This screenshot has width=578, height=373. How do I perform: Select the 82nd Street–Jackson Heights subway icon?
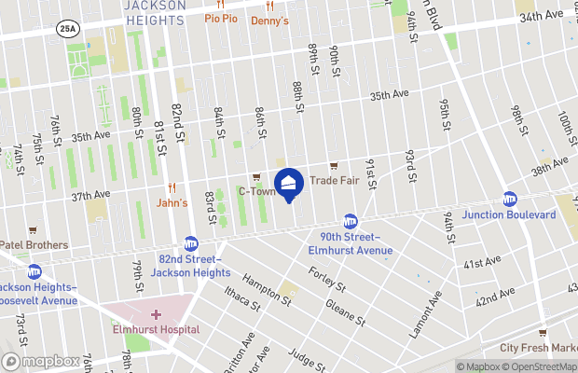tap(190, 243)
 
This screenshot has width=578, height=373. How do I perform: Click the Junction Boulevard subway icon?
tap(510, 199)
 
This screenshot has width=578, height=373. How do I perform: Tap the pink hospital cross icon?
tap(156, 315)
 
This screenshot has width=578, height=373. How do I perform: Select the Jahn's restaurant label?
tap(172, 202)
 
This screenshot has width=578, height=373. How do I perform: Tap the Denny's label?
tap(270, 20)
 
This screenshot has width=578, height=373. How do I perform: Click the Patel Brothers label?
tap(34, 245)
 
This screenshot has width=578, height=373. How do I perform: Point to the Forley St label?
tap(327, 279)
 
